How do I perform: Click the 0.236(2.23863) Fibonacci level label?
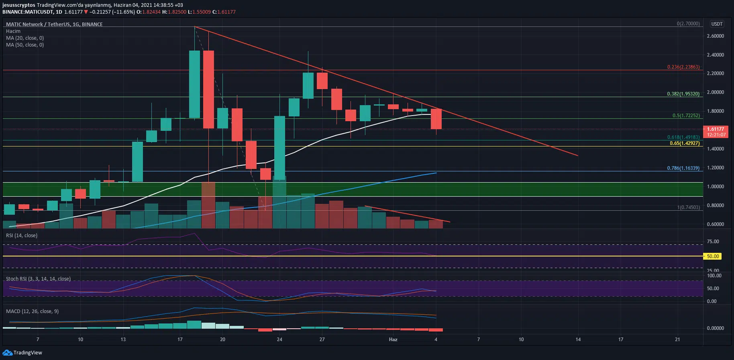(x=683, y=67)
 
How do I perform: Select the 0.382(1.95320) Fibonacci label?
(x=683, y=94)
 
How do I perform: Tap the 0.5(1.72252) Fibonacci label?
(x=686, y=116)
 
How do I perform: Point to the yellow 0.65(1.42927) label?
(x=684, y=143)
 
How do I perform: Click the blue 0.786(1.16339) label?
(x=683, y=168)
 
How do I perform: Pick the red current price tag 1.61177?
(x=716, y=129)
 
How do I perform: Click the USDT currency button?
(x=717, y=24)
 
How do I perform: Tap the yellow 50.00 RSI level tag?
(x=713, y=256)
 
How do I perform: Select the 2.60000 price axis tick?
(x=715, y=36)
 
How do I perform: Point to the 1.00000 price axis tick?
(x=715, y=187)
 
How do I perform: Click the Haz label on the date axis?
(x=393, y=340)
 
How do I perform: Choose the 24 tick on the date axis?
(x=279, y=340)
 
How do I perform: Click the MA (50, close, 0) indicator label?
(x=25, y=45)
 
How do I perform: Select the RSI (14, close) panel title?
(x=22, y=236)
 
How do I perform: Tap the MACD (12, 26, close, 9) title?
(x=32, y=311)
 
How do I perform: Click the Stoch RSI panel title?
(x=38, y=279)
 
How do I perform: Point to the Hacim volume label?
(x=13, y=31)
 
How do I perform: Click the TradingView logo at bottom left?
(x=22, y=353)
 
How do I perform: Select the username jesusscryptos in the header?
(x=18, y=5)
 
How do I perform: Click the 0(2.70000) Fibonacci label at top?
(x=688, y=24)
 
